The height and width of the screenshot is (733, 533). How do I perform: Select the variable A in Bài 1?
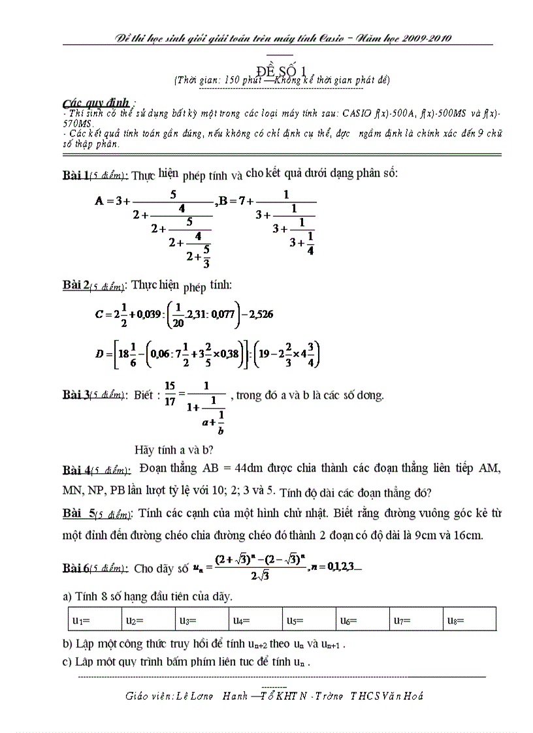[x=100, y=200]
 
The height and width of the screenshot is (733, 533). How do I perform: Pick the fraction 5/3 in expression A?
[x=206, y=257]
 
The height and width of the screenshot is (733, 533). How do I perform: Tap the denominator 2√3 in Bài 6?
[x=260, y=576]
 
